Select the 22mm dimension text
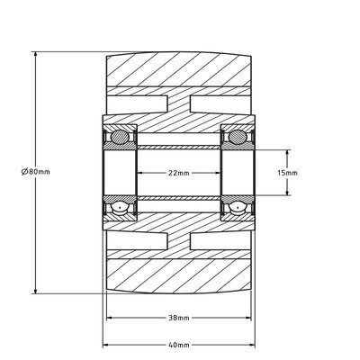179,173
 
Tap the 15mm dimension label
290,173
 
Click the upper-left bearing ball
118,137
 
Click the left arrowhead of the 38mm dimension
110,317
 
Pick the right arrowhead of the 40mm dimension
252,345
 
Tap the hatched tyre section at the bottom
178,275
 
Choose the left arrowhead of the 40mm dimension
106,345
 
